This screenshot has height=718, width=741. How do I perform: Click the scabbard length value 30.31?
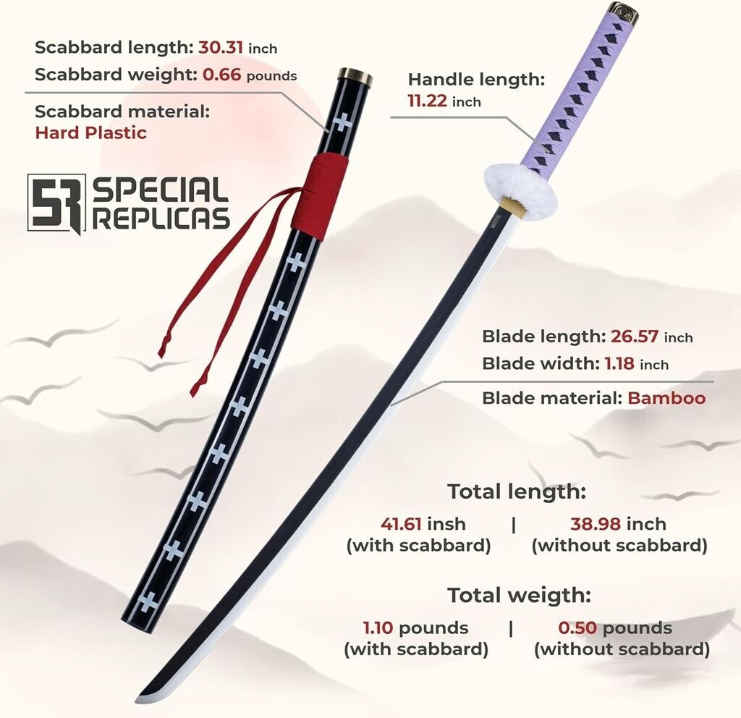[x=221, y=48]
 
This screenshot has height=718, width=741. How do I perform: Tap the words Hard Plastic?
[x=90, y=132]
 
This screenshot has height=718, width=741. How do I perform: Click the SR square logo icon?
[x=56, y=203]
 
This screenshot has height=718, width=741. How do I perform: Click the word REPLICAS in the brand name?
[x=161, y=217]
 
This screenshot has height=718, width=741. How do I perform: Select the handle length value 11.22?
[x=427, y=102]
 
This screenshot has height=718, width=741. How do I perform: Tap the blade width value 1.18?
[x=620, y=364]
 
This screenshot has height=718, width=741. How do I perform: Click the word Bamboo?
[x=666, y=398]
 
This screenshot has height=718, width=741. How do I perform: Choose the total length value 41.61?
[x=402, y=523]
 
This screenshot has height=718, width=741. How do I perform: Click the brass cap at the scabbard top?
[x=355, y=77]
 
